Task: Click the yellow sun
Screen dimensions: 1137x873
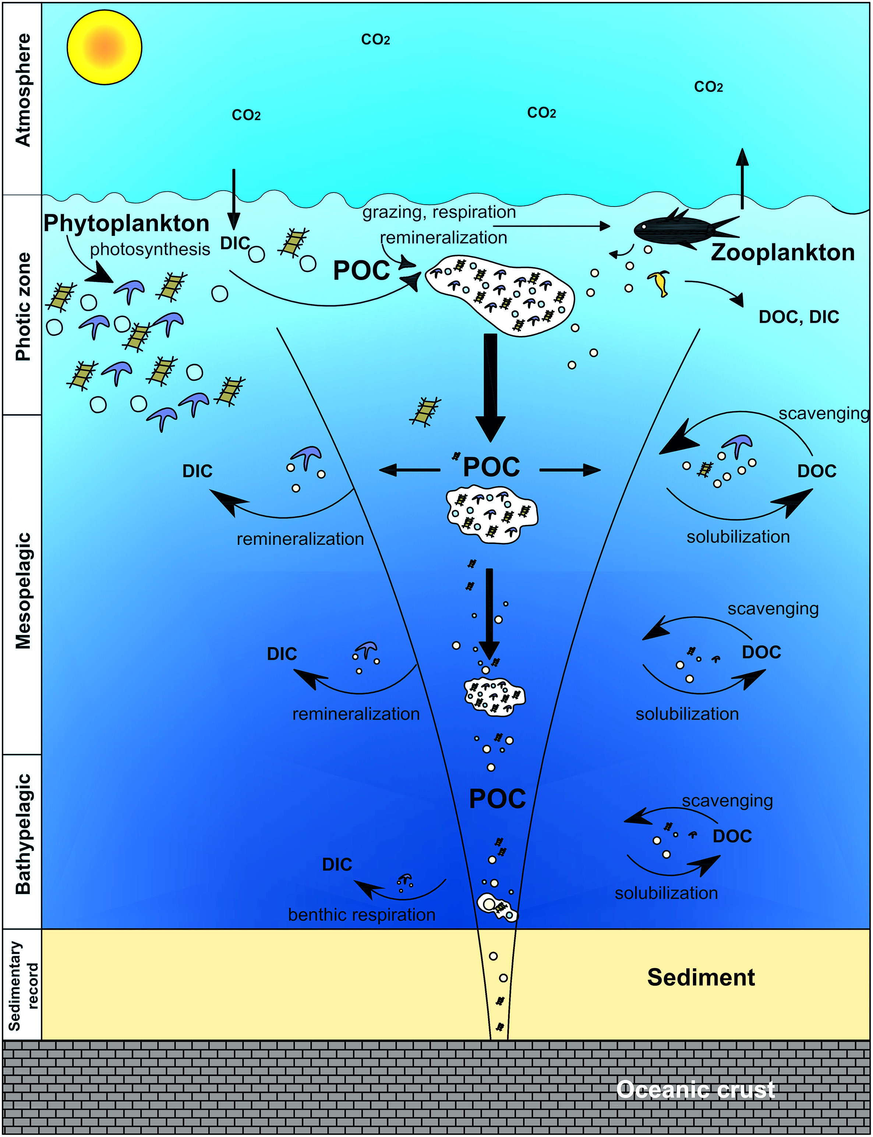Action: [105, 47]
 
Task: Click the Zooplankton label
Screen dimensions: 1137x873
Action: [782, 253]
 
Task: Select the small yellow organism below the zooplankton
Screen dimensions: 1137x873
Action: [660, 283]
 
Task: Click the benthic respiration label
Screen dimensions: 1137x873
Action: [362, 915]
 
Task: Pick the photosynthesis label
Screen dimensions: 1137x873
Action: [150, 250]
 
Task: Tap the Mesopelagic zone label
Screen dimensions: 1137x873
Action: [23, 590]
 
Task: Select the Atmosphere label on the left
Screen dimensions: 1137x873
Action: [23, 89]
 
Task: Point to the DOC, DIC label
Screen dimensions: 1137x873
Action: [799, 317]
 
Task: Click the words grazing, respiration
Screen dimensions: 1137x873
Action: [439, 212]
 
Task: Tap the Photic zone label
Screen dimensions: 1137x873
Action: [23, 307]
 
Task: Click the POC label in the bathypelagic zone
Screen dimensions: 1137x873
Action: [497, 799]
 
